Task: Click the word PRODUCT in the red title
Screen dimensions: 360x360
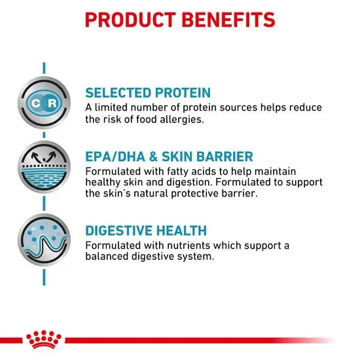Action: coord(130,20)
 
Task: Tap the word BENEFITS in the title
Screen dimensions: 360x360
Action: coord(228,20)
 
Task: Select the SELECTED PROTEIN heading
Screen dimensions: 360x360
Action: coord(148,93)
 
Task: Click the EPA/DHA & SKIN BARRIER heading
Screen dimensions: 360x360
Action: coord(170,156)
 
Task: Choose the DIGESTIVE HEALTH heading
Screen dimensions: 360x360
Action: coord(146,230)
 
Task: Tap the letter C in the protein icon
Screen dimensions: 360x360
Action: coord(36,103)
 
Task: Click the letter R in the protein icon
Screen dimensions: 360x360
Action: coord(52,103)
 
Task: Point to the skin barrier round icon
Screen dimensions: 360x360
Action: coord(44,167)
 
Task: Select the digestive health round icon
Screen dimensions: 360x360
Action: coord(44,240)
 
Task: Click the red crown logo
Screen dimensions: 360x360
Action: coord(44,340)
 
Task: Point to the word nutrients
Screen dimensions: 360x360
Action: coord(189,245)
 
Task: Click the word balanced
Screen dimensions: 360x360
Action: coord(106,256)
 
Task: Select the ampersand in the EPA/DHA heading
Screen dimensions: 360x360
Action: coord(153,156)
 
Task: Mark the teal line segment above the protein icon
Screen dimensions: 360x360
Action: coord(44,68)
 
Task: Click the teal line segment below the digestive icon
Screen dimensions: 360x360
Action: coord(44,278)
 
